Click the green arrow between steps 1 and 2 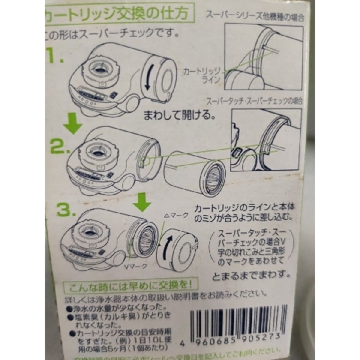70,121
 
